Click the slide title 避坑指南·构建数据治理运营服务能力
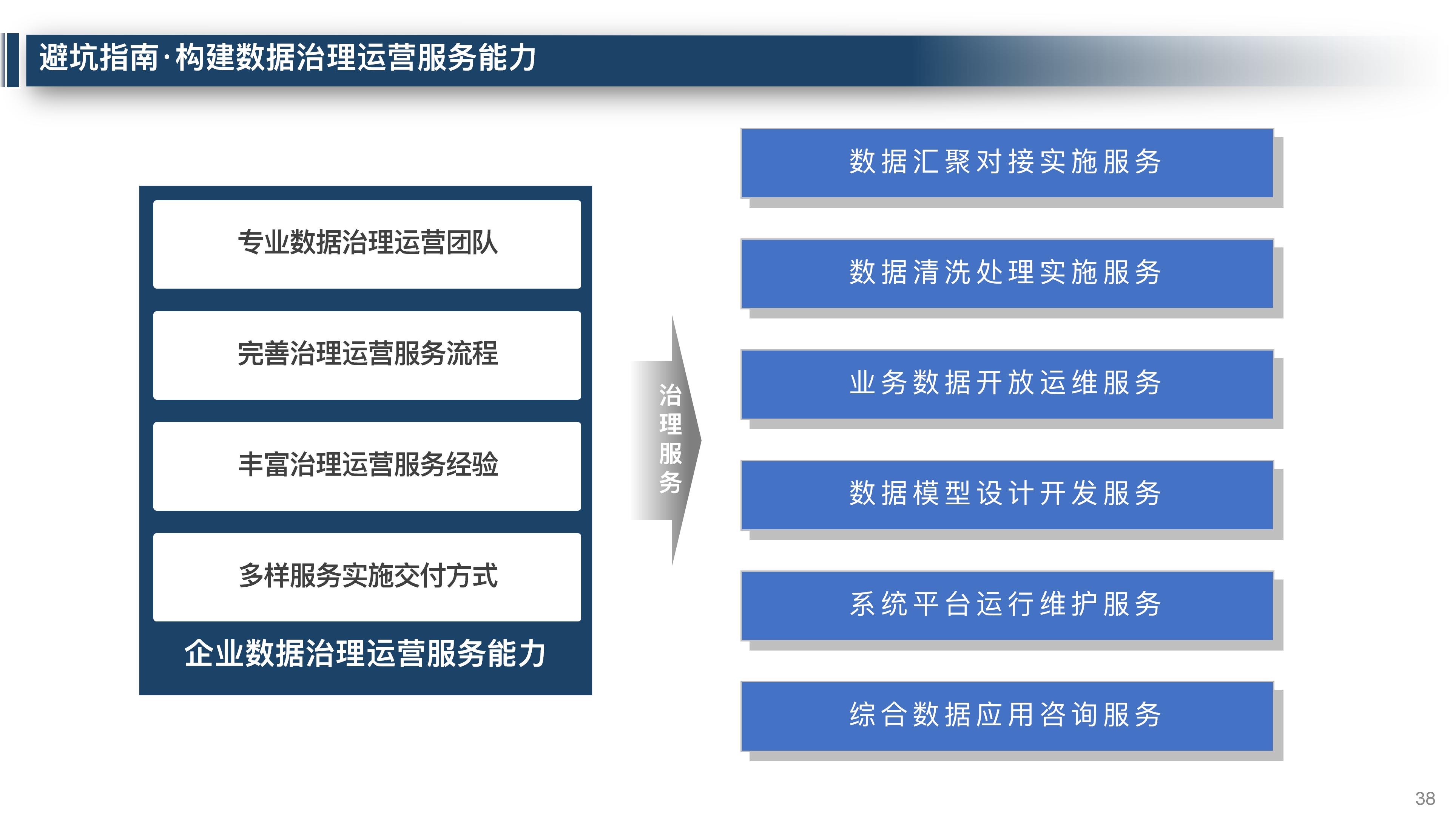[287, 58]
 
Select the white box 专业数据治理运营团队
[367, 244]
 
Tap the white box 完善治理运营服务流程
[367, 355]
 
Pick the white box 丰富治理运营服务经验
[367, 466]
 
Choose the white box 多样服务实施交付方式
[367, 576]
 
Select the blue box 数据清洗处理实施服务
[1006, 273]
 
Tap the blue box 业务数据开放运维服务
[1006, 383]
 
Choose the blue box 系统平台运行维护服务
[1006, 605]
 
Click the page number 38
[1425, 799]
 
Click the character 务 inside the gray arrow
[670, 483]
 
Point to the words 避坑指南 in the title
[99, 58]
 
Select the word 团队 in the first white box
[472, 244]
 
